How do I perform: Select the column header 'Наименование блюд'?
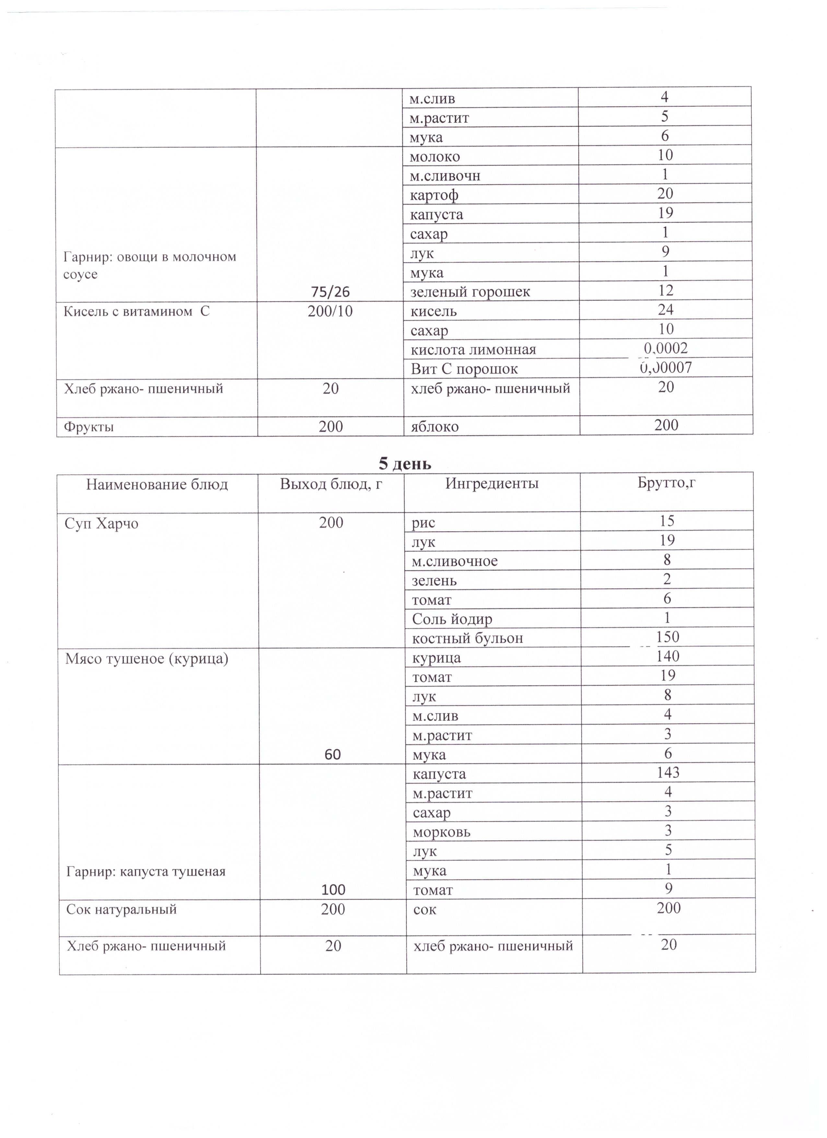point(157,485)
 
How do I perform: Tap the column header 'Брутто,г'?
point(667,483)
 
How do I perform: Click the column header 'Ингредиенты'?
point(492,484)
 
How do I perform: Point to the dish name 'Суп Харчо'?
point(102,524)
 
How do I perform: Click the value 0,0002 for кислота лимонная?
point(666,348)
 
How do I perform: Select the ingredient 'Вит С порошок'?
point(464,369)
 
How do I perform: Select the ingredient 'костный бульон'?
point(467,638)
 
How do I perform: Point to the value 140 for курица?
point(668,656)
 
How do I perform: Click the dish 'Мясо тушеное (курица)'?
point(147,659)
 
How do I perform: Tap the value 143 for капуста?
point(668,772)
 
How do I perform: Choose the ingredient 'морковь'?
point(442,832)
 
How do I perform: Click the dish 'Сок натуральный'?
point(122,909)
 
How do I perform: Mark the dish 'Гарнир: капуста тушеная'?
point(146,871)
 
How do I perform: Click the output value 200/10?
point(330,312)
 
